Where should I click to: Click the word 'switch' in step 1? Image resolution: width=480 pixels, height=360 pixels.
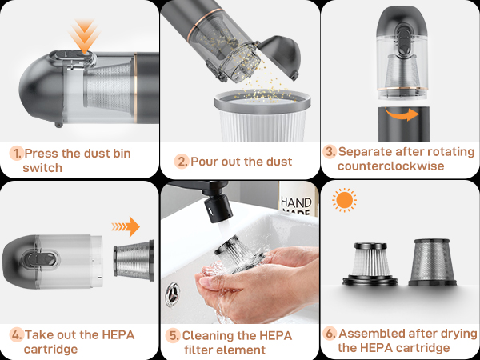tap(42, 168)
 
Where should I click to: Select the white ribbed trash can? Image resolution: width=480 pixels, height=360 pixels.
tap(262, 115)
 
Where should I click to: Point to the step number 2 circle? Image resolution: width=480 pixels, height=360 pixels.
tap(182, 162)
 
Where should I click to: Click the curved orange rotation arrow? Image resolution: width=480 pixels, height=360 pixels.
tap(402, 114)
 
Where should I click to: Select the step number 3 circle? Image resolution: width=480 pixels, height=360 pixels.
tap(330, 151)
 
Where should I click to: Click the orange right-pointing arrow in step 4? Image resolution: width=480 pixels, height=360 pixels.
tap(126, 226)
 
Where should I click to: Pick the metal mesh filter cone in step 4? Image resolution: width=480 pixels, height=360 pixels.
tap(134, 260)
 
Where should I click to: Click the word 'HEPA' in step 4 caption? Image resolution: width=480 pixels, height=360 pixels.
tap(118, 335)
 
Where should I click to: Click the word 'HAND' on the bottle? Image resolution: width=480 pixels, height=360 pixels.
tap(296, 202)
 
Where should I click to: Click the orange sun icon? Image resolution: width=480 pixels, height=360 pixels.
tap(344, 200)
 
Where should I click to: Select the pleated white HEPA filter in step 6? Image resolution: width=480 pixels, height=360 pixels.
tap(370, 264)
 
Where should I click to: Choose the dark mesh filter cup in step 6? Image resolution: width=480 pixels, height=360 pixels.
tap(432, 262)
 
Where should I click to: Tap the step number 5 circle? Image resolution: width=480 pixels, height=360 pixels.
tap(173, 335)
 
